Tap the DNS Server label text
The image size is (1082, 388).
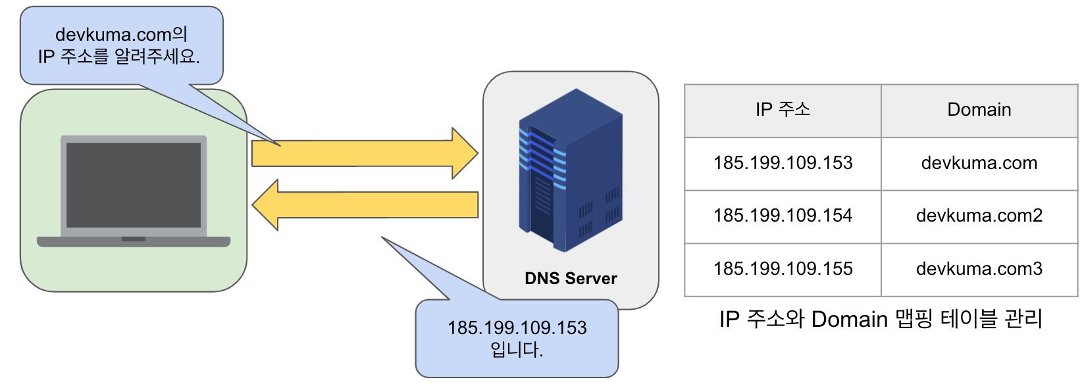(x=571, y=278)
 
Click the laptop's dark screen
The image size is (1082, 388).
(x=134, y=185)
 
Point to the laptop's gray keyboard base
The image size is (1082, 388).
(x=134, y=242)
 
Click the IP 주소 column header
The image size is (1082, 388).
(x=783, y=110)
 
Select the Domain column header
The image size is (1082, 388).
(x=979, y=110)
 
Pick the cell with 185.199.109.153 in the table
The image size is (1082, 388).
(x=783, y=163)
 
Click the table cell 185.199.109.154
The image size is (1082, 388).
(x=783, y=216)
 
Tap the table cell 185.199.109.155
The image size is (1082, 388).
(x=783, y=269)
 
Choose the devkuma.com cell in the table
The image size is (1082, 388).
(x=979, y=163)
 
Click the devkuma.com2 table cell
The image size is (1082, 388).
(x=979, y=216)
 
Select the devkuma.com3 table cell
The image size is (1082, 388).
(x=979, y=269)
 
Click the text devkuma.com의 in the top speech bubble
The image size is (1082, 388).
(x=121, y=34)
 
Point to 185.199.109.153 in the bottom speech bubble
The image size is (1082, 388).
(x=517, y=327)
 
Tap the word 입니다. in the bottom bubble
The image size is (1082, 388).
(x=517, y=349)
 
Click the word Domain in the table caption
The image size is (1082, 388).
(x=849, y=320)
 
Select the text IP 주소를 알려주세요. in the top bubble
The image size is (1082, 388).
(x=118, y=57)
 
